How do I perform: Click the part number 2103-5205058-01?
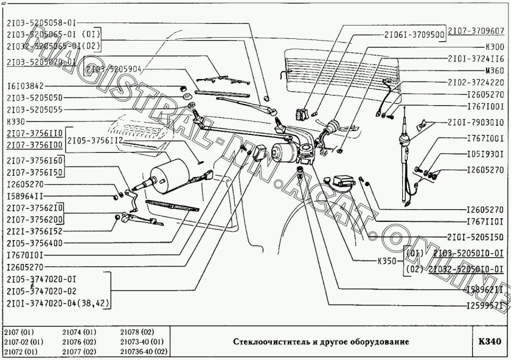(43, 22)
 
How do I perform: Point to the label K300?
(494, 46)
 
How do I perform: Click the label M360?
(494, 71)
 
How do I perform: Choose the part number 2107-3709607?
(476, 30)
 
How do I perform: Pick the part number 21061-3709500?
(414, 35)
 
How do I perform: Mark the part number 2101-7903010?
(476, 122)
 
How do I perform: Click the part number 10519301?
(485, 154)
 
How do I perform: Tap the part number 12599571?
(485, 306)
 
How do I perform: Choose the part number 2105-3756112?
(96, 140)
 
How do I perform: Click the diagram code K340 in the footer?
(490, 342)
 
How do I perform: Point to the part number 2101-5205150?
(476, 237)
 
